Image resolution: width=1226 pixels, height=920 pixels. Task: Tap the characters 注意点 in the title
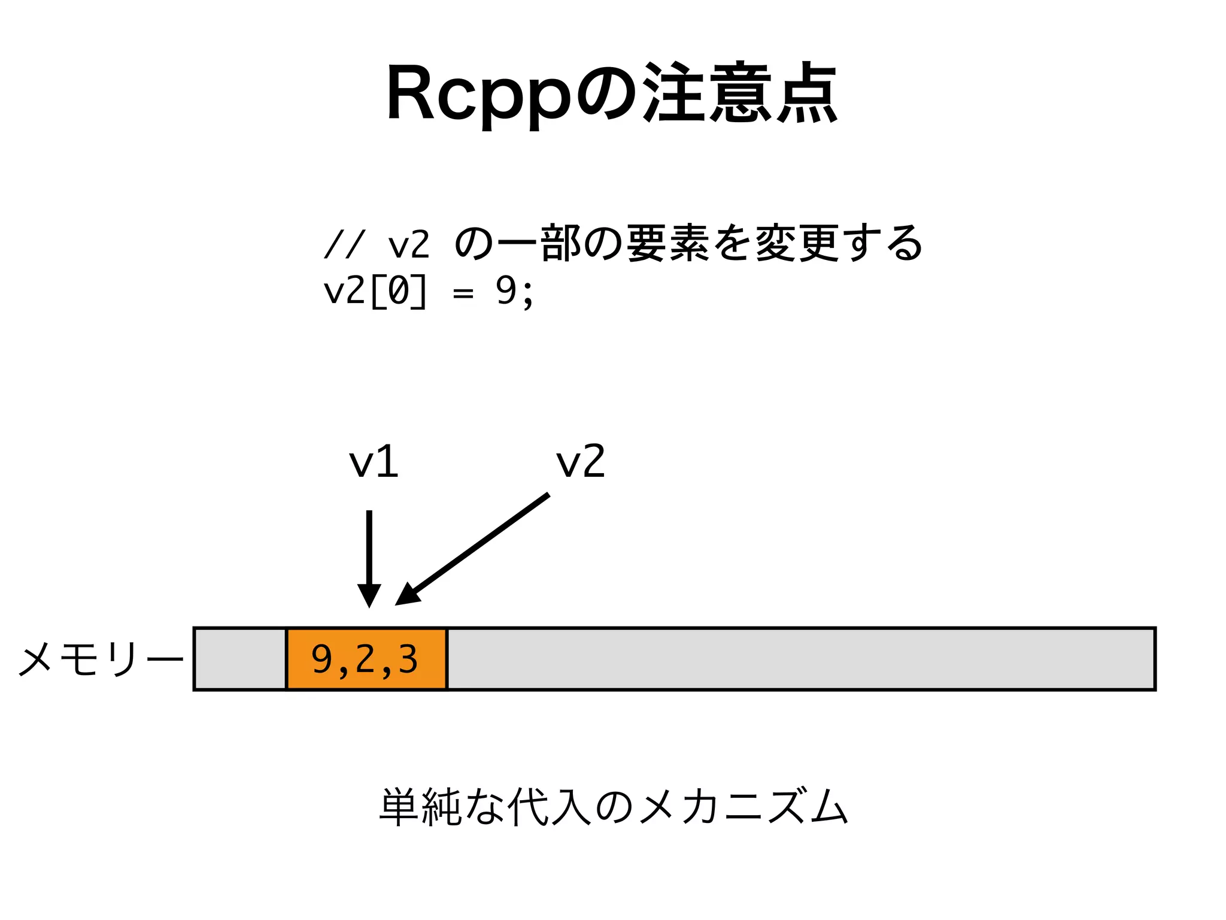739,93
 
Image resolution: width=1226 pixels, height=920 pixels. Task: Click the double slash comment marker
344,244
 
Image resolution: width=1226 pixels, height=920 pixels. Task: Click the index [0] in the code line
399,292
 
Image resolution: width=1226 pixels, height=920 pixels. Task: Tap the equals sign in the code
463,293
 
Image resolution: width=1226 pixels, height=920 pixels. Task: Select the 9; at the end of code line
514,292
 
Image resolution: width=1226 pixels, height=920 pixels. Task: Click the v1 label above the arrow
374,462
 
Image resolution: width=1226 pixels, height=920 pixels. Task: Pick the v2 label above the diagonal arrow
580,462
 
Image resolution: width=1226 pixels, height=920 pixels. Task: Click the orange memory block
366,659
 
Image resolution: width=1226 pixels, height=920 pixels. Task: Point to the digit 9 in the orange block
321,659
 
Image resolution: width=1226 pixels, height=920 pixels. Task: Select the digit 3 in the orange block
408,659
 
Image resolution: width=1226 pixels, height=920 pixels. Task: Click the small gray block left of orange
240,659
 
